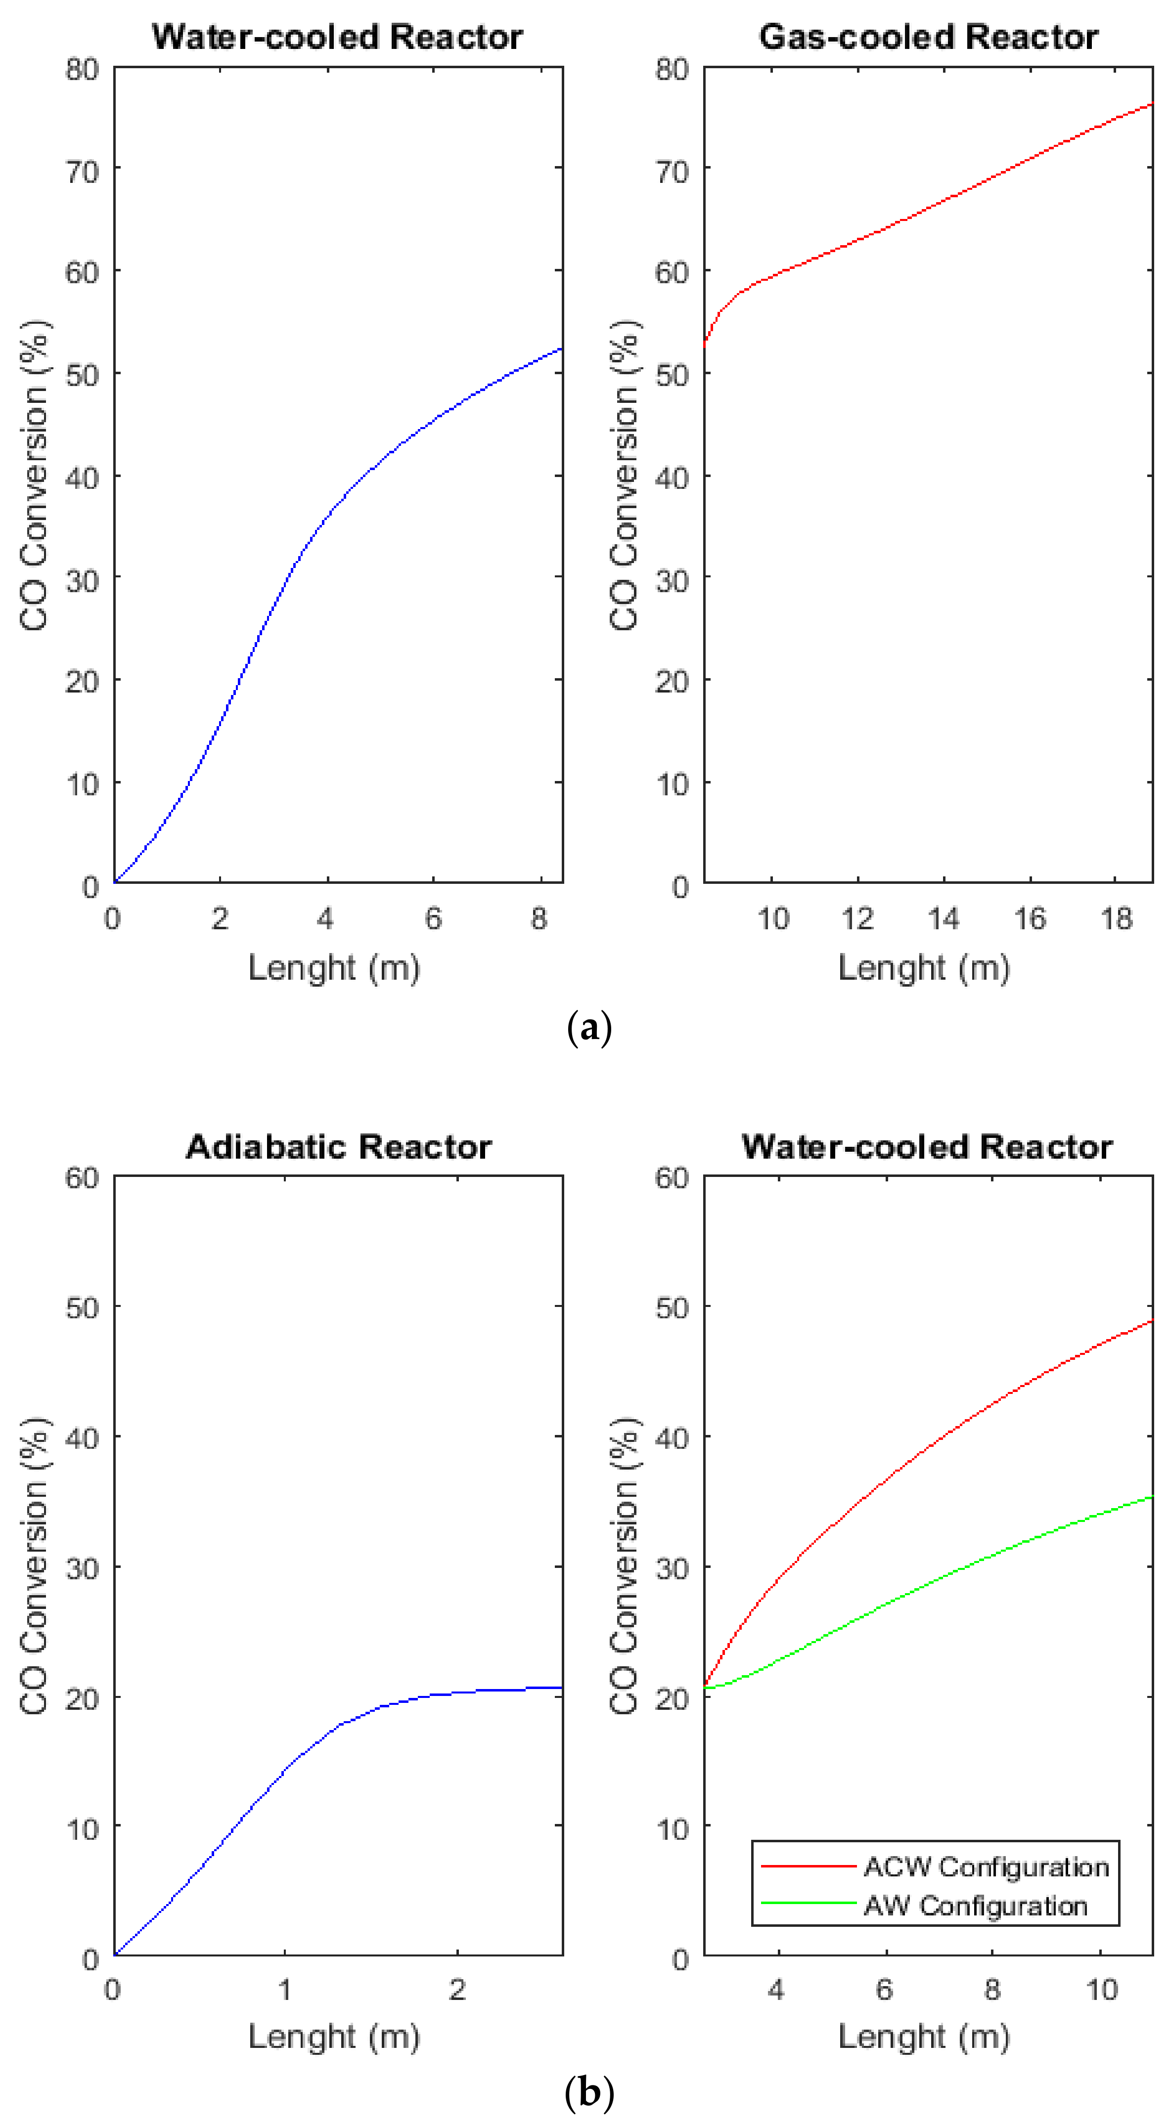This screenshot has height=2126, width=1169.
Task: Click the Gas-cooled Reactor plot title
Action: click(928, 37)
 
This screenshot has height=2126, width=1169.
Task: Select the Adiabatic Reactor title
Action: click(338, 1147)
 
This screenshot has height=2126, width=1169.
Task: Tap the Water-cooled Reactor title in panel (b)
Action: click(926, 1147)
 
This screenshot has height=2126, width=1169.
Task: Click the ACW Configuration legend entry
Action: click(986, 1867)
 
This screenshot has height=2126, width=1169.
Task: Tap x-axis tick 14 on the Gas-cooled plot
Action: click(944, 918)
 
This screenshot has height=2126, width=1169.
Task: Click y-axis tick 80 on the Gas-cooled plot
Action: click(672, 69)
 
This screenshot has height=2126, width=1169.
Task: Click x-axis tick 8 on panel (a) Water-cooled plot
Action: click(539, 918)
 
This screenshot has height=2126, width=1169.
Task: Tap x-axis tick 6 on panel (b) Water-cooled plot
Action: click(884, 1990)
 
